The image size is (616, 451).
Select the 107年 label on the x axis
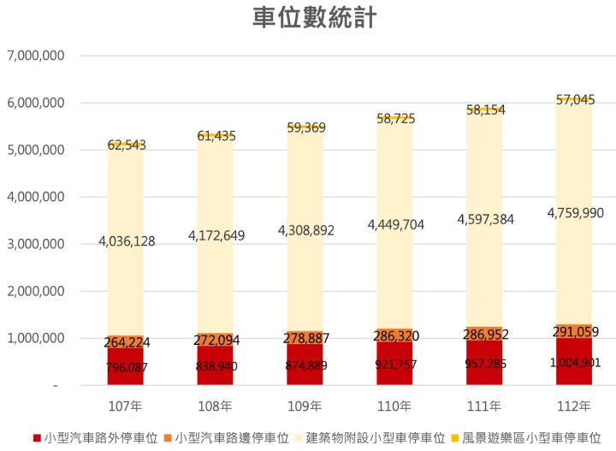[126, 405]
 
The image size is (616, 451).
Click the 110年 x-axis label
[394, 405]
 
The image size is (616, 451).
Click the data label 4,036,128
[125, 241]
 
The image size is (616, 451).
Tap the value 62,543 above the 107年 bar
[126, 145]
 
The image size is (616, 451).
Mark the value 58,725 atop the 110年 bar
[394, 119]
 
